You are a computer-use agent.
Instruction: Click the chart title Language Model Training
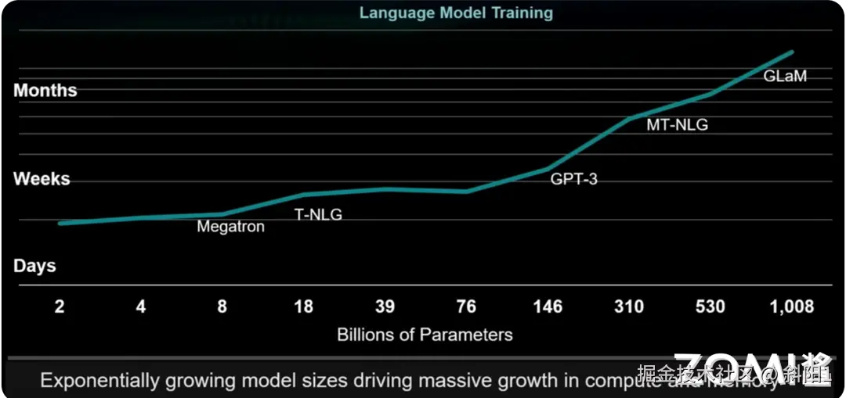[x=456, y=13]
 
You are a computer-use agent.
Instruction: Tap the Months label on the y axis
[x=45, y=91]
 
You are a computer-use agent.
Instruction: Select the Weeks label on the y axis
[x=42, y=179]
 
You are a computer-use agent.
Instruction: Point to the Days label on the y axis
[x=34, y=266]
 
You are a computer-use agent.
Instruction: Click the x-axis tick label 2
[x=60, y=307]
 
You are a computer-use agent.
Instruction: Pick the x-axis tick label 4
[x=141, y=307]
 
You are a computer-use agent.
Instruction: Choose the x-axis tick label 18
[x=303, y=307]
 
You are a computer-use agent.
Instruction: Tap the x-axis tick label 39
[x=385, y=307]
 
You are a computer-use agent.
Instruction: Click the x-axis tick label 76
[x=466, y=307]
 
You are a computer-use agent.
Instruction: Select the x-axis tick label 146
[x=547, y=307]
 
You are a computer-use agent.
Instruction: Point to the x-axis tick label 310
[x=628, y=307]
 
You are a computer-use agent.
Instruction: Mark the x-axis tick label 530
[x=710, y=307]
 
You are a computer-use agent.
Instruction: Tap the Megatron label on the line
[x=230, y=228]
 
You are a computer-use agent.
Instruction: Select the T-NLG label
[x=318, y=215]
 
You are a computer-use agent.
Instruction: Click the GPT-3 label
[x=573, y=179]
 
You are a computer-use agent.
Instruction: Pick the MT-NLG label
[x=677, y=124]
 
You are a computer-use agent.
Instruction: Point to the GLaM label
[x=785, y=77]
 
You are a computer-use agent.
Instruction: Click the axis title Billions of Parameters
[x=425, y=335]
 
